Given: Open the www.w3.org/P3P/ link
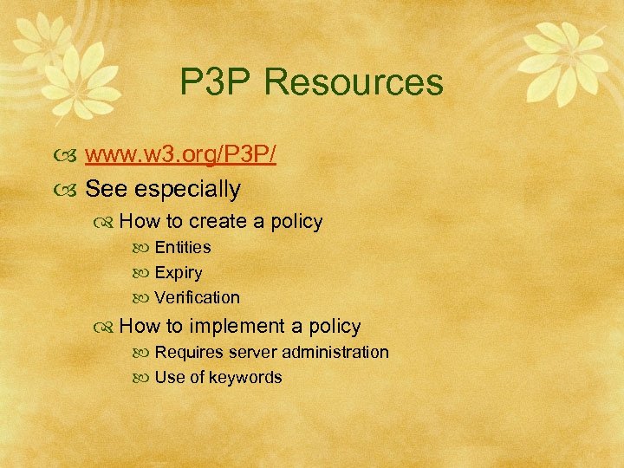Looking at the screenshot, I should tap(180, 157).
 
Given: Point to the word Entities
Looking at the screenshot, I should tap(183, 247).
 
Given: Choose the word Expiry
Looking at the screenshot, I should tap(179, 273).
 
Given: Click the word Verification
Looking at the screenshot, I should tap(198, 297).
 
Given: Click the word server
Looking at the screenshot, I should tap(251, 352).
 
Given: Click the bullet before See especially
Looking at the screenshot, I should tap(71, 189).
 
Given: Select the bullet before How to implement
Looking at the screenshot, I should tap(107, 327).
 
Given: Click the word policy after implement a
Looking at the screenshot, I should tap(334, 327).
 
